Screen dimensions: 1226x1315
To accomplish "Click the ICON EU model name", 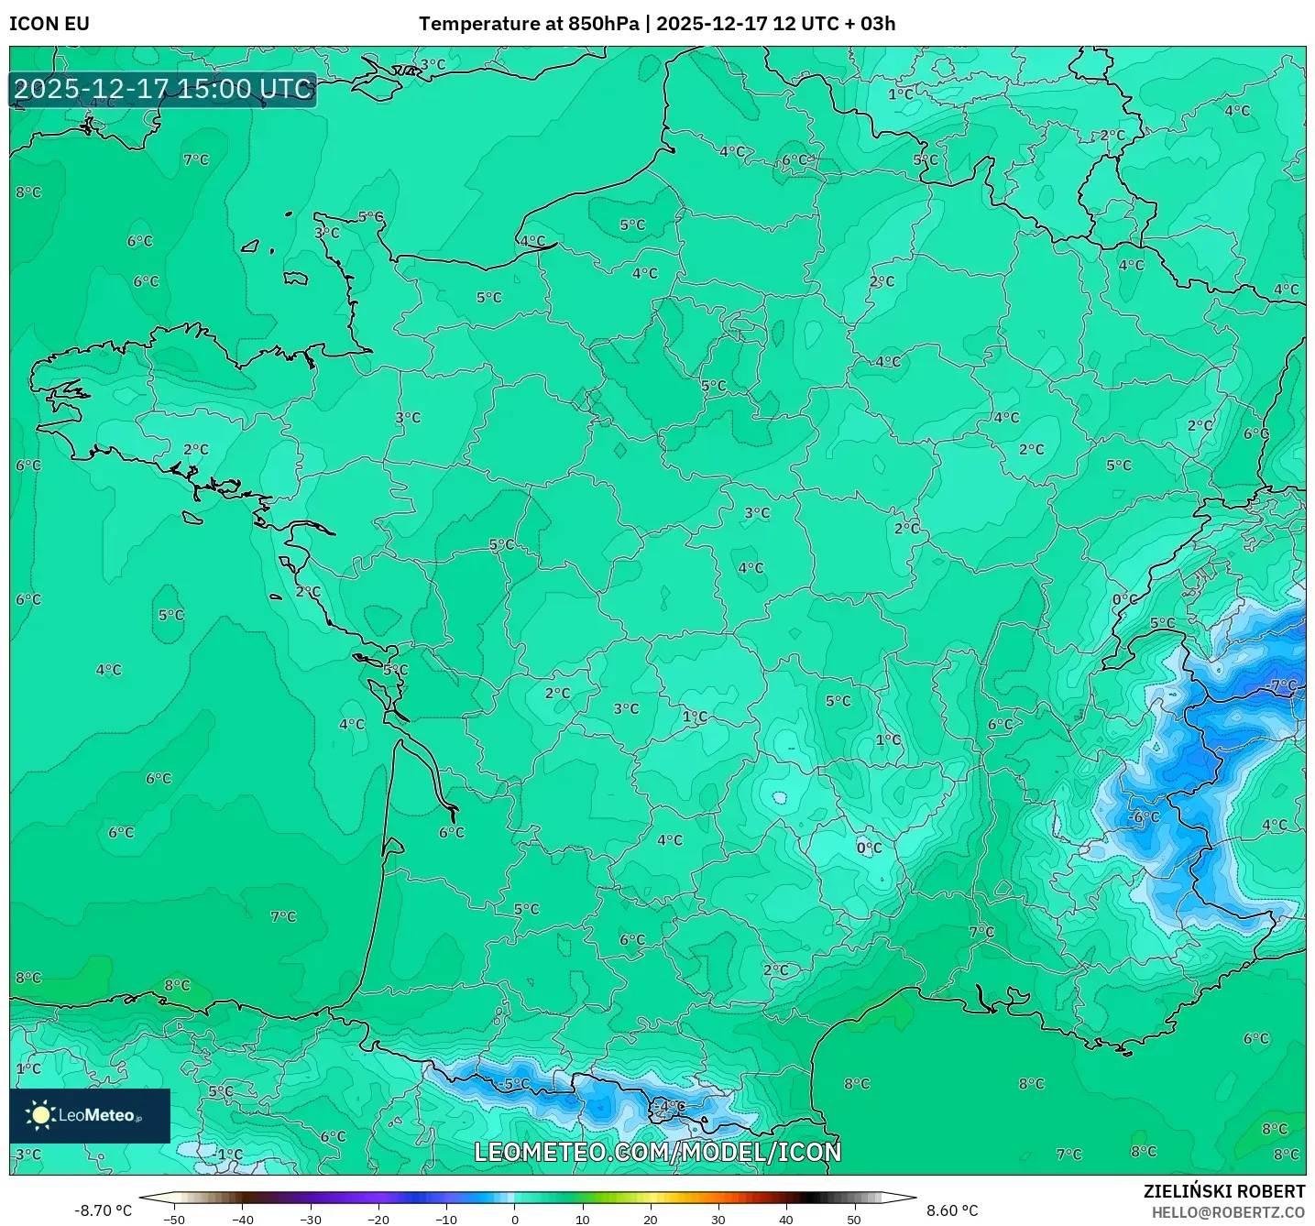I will pos(49,24).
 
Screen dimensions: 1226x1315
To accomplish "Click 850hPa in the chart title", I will pos(603,24).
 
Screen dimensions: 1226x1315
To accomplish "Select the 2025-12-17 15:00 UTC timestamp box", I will pos(163,90).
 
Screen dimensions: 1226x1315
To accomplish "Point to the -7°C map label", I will pos(1283,685).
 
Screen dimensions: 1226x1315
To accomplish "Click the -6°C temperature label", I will pos(1145,816).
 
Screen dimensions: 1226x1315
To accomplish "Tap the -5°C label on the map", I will pos(516,1084).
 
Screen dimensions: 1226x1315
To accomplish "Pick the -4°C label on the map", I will pos(672,1106).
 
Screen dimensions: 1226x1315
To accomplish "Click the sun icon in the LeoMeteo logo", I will pos(40,1114).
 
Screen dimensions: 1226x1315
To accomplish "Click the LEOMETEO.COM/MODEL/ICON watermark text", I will pos(657,1152).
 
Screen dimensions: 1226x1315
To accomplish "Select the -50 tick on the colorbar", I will pos(173,1220).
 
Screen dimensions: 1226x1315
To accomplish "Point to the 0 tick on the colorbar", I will pos(515,1220).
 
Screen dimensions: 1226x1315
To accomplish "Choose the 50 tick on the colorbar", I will pos(854,1220).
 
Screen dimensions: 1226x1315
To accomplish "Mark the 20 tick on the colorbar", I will pos(651,1220).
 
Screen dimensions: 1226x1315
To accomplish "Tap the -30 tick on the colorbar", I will pos(310,1220).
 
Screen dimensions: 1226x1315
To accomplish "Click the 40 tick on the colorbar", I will pos(786,1220).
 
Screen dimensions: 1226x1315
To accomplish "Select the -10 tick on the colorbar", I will pos(445,1220).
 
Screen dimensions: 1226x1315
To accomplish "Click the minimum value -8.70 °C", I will pos(103,1210).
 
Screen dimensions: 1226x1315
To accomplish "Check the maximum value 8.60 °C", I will pos(952,1210).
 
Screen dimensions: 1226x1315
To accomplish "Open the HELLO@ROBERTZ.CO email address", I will pos(1228,1212).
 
